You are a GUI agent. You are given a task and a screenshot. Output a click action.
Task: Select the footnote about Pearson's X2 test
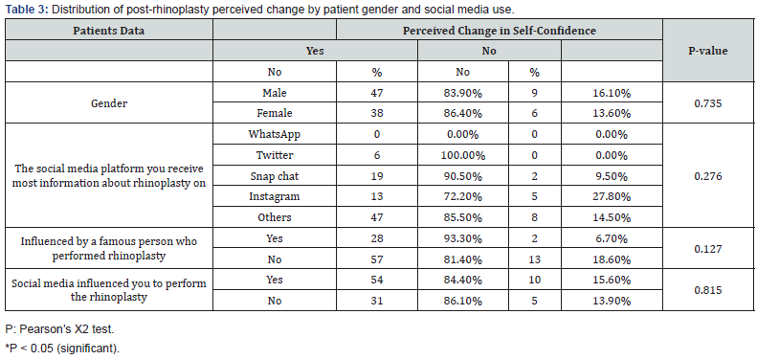pyautogui.click(x=59, y=329)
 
